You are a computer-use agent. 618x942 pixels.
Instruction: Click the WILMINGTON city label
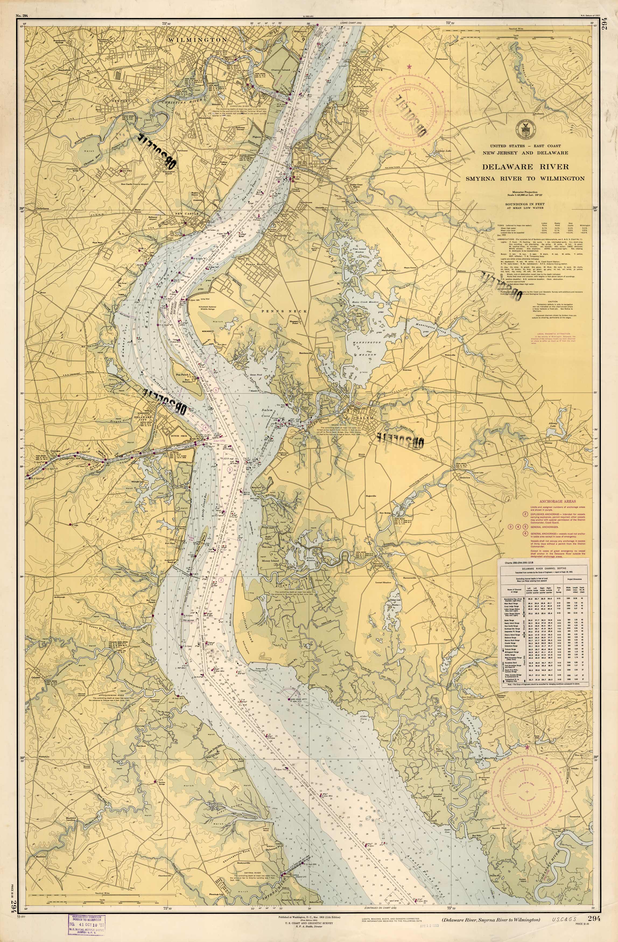197,40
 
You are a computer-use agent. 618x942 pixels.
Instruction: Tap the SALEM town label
362,418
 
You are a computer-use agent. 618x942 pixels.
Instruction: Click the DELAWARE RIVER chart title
525,167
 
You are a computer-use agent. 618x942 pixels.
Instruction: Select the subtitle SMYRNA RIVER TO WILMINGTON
525,178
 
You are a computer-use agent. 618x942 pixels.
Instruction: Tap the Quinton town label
465,477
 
